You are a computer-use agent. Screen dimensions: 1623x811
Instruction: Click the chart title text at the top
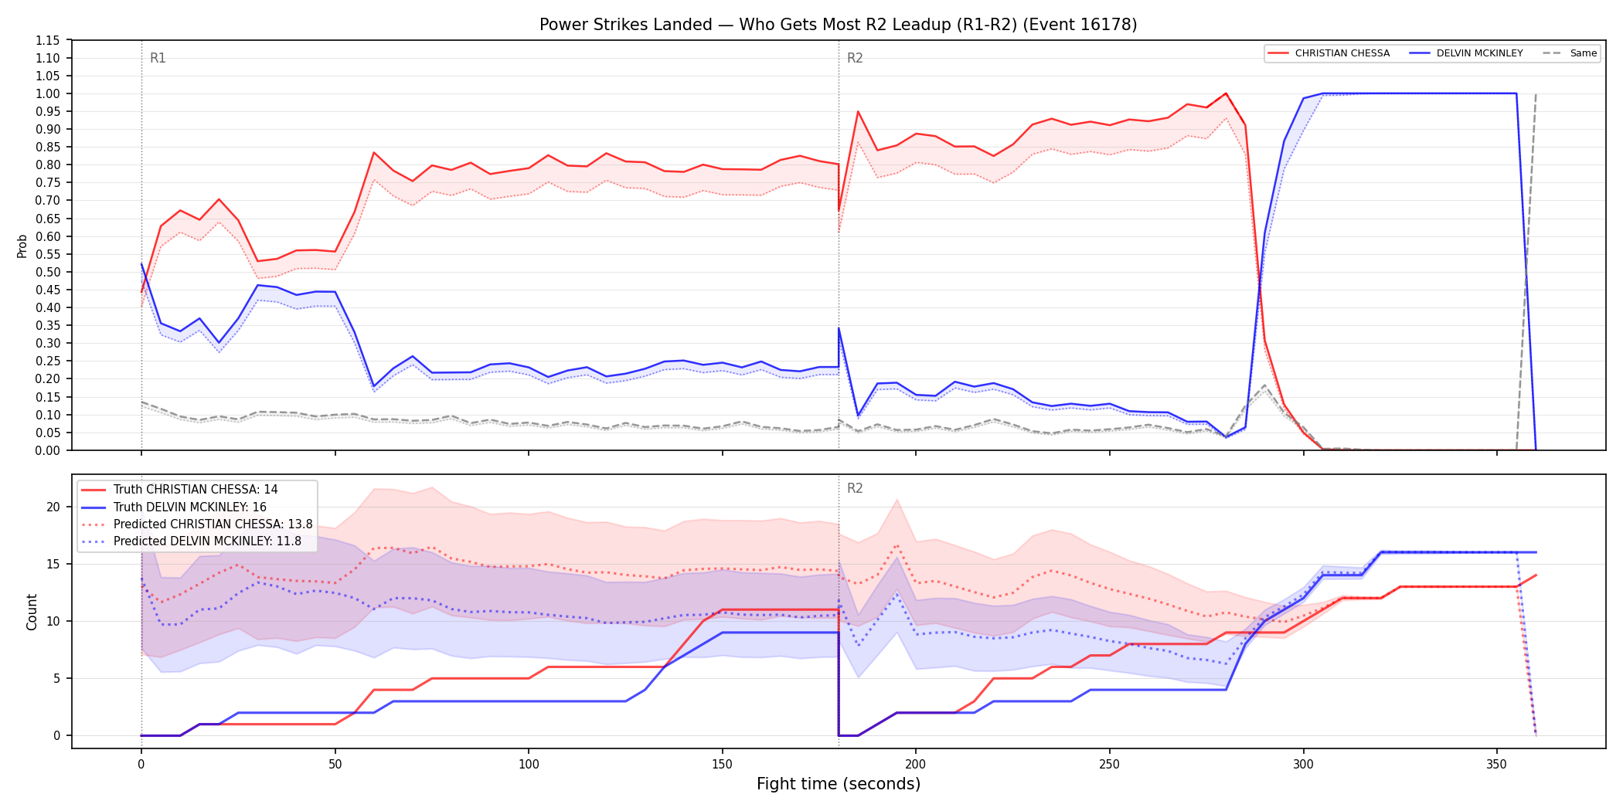click(838, 25)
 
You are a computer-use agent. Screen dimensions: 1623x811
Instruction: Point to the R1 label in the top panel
click(158, 58)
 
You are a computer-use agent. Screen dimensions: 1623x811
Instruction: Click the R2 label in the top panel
click(855, 58)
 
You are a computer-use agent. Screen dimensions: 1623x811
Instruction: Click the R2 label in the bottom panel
click(855, 488)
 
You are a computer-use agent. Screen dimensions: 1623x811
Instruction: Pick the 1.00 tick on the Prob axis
click(48, 93)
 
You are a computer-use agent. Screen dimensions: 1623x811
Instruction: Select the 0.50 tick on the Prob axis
click(48, 272)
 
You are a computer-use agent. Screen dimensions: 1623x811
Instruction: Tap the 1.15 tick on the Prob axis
click(48, 40)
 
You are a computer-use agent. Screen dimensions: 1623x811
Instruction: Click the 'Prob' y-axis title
click(22, 246)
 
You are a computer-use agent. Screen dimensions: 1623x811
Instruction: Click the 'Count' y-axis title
click(32, 612)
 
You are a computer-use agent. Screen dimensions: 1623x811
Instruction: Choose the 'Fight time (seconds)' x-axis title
click(839, 784)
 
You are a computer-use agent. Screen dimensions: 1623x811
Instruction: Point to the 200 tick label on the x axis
click(916, 764)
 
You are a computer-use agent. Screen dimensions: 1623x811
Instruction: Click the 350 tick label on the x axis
click(1497, 764)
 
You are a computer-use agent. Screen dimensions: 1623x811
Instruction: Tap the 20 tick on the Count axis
click(53, 507)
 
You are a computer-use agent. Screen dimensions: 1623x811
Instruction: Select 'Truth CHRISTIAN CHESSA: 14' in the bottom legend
click(196, 490)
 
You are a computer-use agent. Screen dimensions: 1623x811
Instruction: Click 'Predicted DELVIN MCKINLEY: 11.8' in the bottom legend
click(207, 541)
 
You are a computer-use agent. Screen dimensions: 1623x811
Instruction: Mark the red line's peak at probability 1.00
click(1226, 93)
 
